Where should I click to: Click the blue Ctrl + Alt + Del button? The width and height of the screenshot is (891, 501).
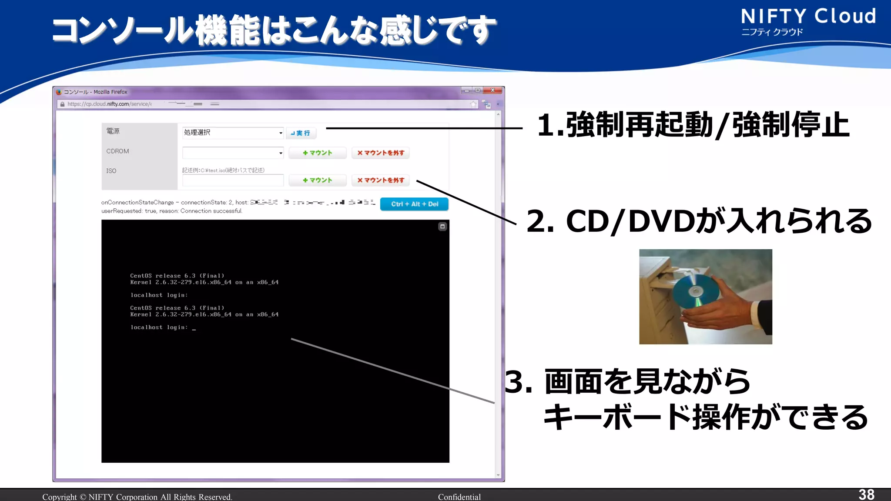[414, 204]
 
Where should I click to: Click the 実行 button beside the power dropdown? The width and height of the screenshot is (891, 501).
[301, 133]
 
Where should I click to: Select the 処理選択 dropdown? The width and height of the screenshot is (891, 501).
[233, 133]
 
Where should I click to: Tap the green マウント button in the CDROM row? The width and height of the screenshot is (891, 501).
[318, 153]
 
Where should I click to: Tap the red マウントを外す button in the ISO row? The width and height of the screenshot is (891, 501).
[381, 180]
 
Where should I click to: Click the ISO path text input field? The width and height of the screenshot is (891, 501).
[233, 180]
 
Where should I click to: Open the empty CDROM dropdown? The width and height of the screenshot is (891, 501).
[233, 153]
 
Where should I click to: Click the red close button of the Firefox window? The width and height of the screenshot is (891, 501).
[493, 90]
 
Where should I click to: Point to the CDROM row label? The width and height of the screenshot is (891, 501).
[117, 151]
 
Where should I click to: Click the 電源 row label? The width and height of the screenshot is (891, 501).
[113, 131]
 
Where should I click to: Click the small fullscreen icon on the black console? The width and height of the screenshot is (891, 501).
[442, 227]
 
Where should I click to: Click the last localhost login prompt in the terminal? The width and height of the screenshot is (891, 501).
[159, 327]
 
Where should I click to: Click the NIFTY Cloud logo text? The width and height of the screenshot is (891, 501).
[808, 17]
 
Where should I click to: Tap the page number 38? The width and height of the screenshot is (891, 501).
[866, 494]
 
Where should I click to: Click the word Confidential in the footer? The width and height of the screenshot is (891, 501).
[459, 497]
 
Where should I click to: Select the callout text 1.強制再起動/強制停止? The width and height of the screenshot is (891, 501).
[693, 125]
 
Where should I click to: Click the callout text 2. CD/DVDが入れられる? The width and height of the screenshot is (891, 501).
[699, 221]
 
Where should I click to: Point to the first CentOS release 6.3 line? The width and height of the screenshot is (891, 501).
[177, 276]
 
